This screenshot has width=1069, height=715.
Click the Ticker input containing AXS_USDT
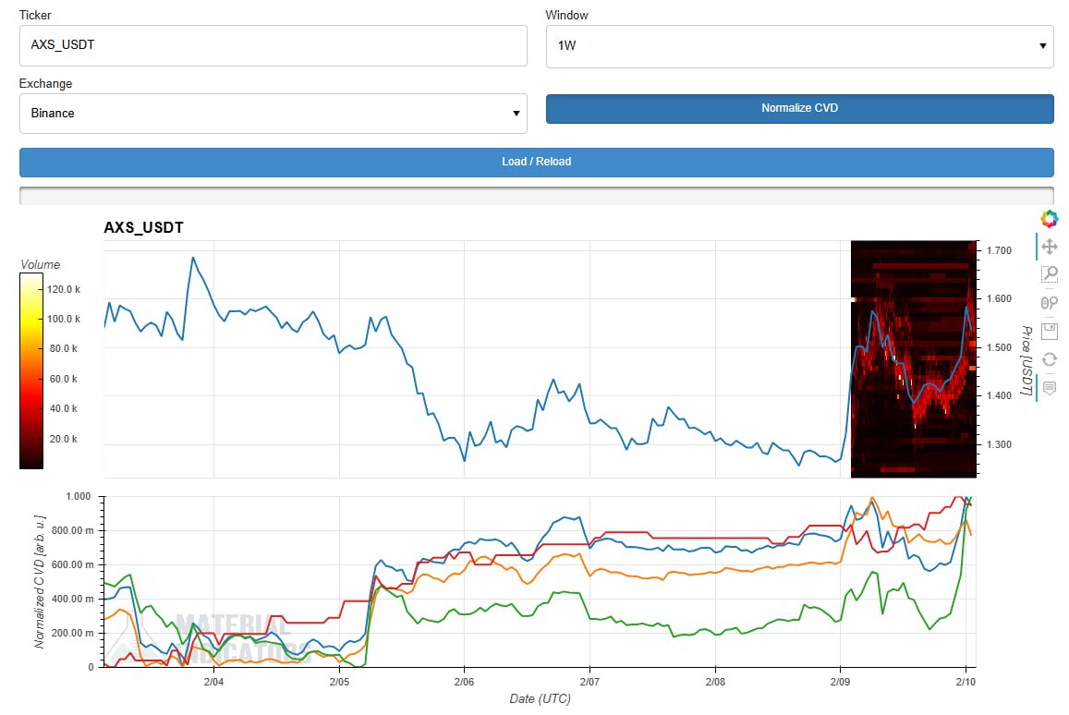(x=273, y=45)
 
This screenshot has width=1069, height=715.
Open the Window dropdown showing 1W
(x=799, y=45)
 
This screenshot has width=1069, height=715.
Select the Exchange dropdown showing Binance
(x=273, y=113)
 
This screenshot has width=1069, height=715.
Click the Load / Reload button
(x=536, y=162)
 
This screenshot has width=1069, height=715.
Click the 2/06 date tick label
(x=464, y=682)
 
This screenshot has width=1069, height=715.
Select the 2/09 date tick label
(x=839, y=682)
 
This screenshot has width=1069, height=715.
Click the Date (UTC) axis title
(x=540, y=698)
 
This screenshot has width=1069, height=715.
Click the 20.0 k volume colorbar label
(x=63, y=439)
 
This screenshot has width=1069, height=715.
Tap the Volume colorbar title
(x=40, y=265)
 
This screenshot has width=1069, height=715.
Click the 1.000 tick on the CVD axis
(x=80, y=496)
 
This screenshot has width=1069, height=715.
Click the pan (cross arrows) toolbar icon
(x=1049, y=247)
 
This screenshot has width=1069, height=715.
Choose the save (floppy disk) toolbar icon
(x=1049, y=331)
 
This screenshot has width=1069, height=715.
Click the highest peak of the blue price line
(x=192, y=258)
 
